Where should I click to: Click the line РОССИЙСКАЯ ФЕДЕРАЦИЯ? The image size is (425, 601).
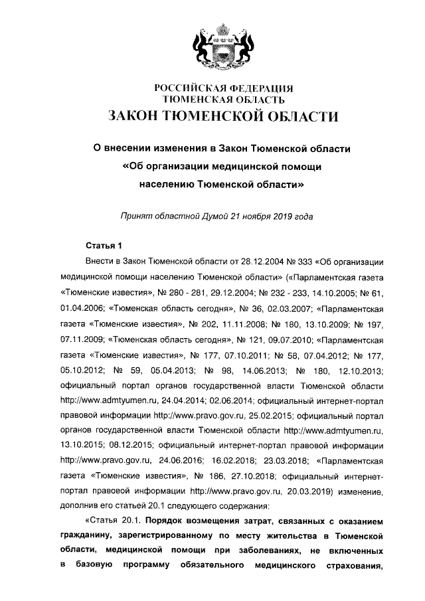point(224,88)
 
